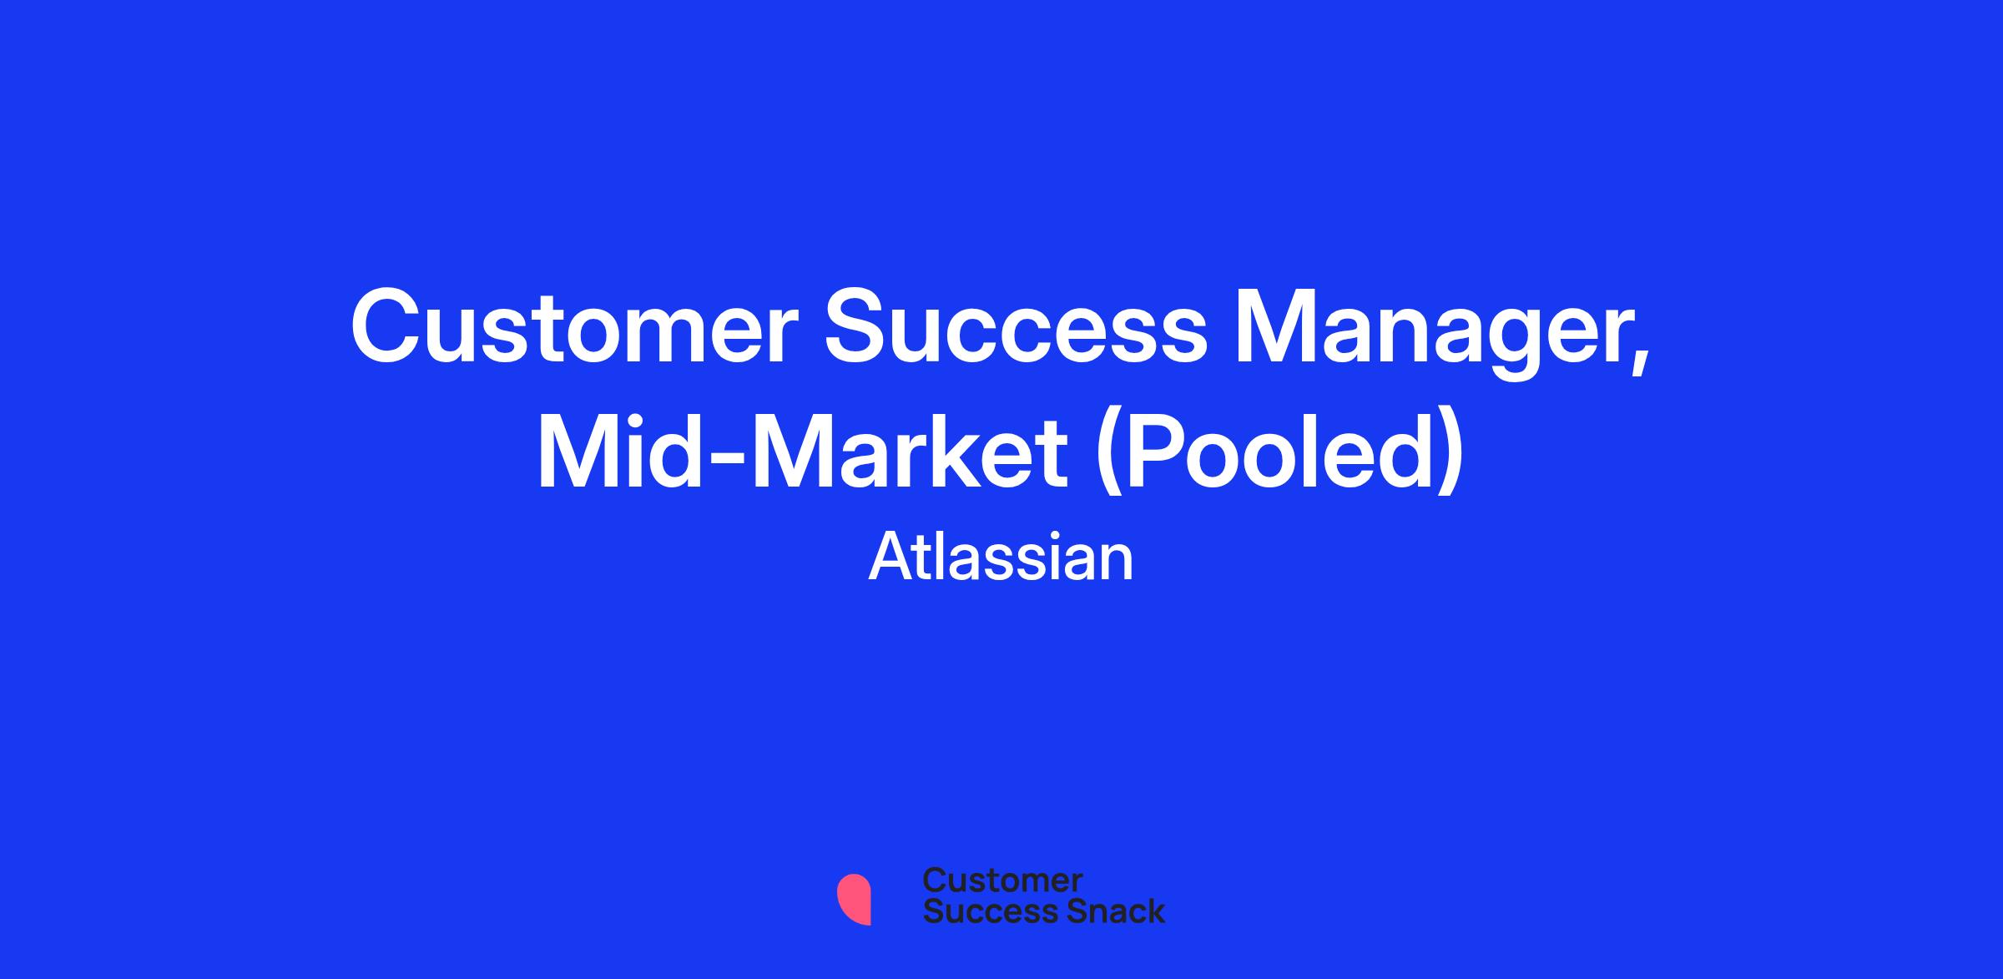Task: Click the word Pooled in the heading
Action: tap(1279, 451)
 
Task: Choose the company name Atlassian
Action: tap(1001, 558)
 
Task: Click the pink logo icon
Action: tap(854, 900)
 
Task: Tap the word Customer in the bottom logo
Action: tap(1003, 881)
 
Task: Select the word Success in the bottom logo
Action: tap(980, 911)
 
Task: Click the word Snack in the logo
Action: tap(1104, 911)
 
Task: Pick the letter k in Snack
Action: tap(1154, 911)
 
